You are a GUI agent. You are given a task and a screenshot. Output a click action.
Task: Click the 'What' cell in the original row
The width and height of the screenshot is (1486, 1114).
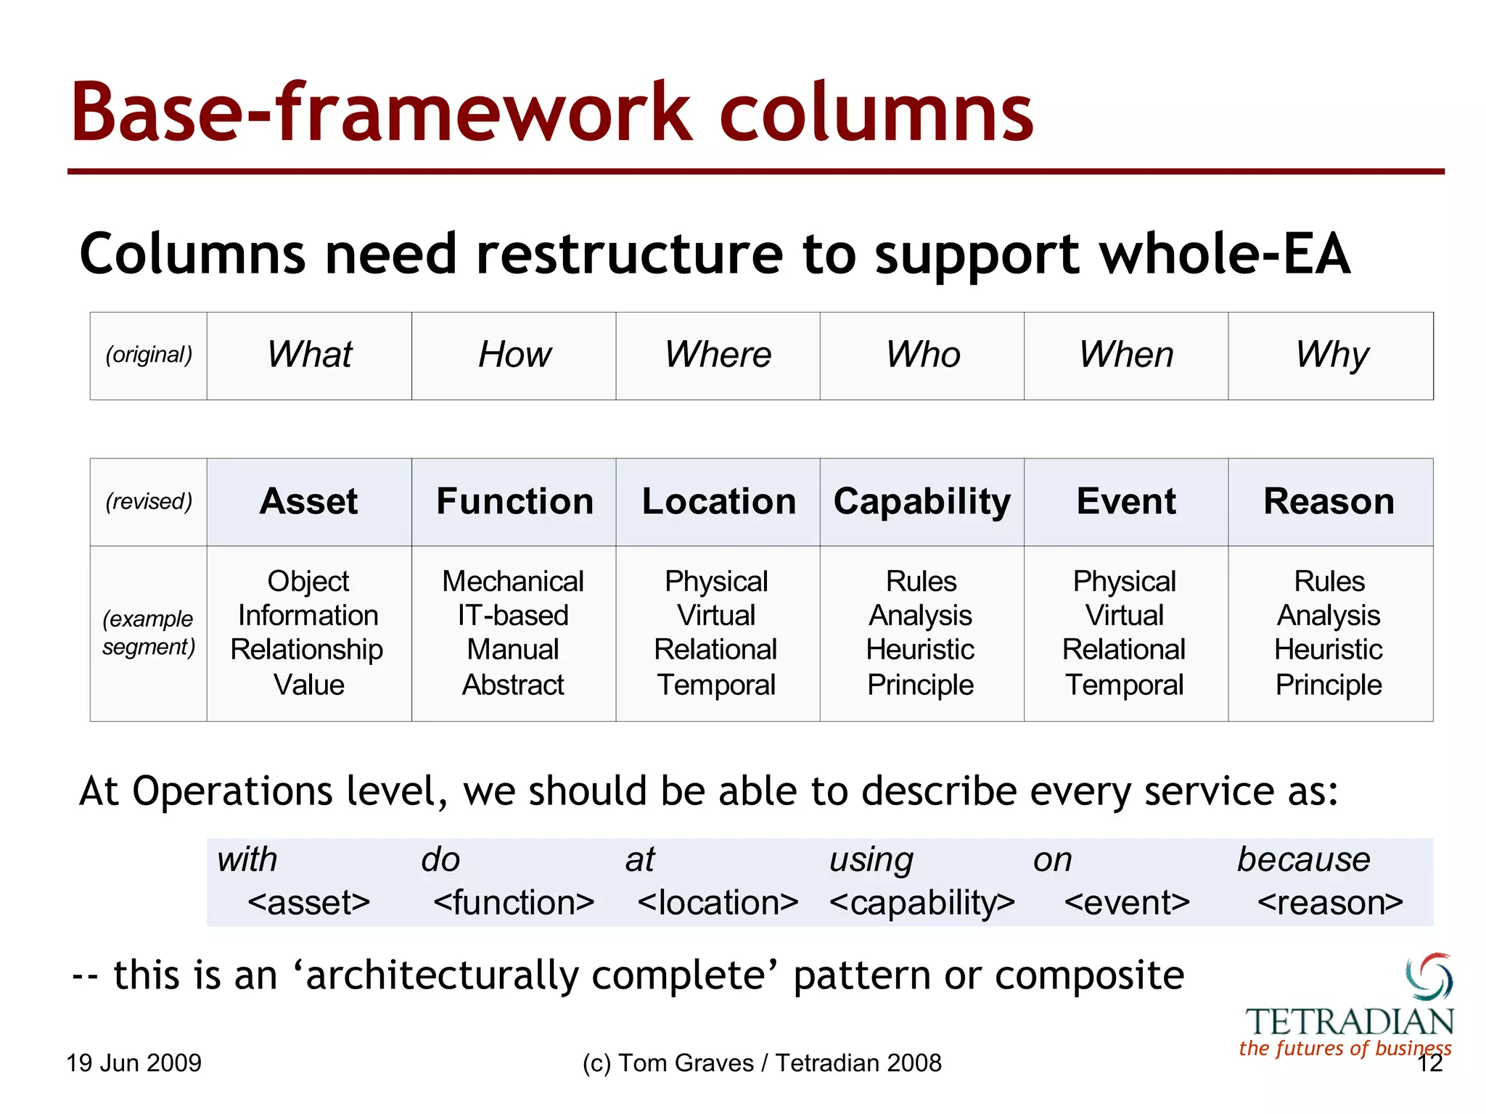(x=309, y=355)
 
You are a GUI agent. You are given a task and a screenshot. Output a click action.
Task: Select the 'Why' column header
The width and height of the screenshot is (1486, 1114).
(x=1331, y=355)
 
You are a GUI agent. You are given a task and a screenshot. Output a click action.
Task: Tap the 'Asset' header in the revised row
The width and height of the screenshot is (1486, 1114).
(x=309, y=502)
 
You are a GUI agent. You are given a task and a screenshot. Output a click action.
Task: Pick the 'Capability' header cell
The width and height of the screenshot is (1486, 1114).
(x=921, y=502)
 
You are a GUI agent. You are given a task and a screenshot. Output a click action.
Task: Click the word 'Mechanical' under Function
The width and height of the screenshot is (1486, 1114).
(x=513, y=582)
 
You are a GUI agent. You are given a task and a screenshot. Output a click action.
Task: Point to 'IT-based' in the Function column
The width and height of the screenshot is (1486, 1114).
(x=513, y=616)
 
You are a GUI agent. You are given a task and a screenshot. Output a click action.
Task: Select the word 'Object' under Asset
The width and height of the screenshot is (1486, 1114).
(x=308, y=582)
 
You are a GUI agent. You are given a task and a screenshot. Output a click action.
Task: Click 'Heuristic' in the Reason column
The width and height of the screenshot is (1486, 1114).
(x=1329, y=650)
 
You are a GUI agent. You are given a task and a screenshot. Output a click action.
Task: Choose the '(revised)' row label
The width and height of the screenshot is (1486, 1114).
(x=149, y=502)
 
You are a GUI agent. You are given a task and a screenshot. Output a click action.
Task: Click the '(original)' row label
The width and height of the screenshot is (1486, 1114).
(x=149, y=355)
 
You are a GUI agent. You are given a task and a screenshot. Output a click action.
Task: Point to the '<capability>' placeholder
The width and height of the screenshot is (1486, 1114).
(x=921, y=903)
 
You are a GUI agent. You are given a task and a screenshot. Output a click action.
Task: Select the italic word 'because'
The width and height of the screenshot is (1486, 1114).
(x=1303, y=860)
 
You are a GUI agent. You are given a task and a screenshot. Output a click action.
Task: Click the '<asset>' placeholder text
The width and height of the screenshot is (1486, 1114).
(x=308, y=903)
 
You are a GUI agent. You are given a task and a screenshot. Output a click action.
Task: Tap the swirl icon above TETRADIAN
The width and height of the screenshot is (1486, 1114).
(x=1429, y=976)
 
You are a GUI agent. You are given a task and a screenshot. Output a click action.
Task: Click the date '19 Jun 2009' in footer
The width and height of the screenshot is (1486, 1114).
(x=134, y=1063)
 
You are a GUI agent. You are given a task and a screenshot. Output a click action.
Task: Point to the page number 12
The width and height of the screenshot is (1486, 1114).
(x=1430, y=1064)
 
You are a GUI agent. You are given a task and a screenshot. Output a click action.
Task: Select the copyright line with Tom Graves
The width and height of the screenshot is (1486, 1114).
(x=761, y=1063)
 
